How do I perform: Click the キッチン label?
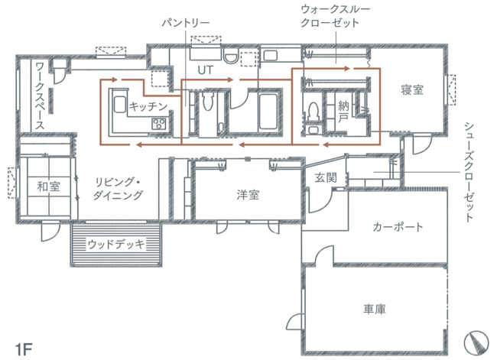coord(148,106)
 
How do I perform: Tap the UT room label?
coord(206,70)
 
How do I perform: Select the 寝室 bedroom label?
coord(411,90)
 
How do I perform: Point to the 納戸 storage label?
coord(343,112)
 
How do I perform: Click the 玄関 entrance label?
coord(325,178)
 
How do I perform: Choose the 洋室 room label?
coord(248,195)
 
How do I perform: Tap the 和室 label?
coord(48,186)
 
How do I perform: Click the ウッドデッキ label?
coord(116,244)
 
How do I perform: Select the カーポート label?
coord(398,227)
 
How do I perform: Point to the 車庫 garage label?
coord(375,309)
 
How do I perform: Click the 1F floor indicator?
coord(24,350)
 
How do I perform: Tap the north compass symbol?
coord(476,342)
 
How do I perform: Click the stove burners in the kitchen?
coord(158,123)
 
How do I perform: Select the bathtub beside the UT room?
coord(268,112)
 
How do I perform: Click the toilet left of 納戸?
coord(313,111)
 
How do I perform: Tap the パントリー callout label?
coord(186,23)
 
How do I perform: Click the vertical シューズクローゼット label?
coord(469,172)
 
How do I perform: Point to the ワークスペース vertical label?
coord(40,96)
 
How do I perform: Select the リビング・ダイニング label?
coord(118,189)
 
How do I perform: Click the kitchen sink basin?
coord(120,104)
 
